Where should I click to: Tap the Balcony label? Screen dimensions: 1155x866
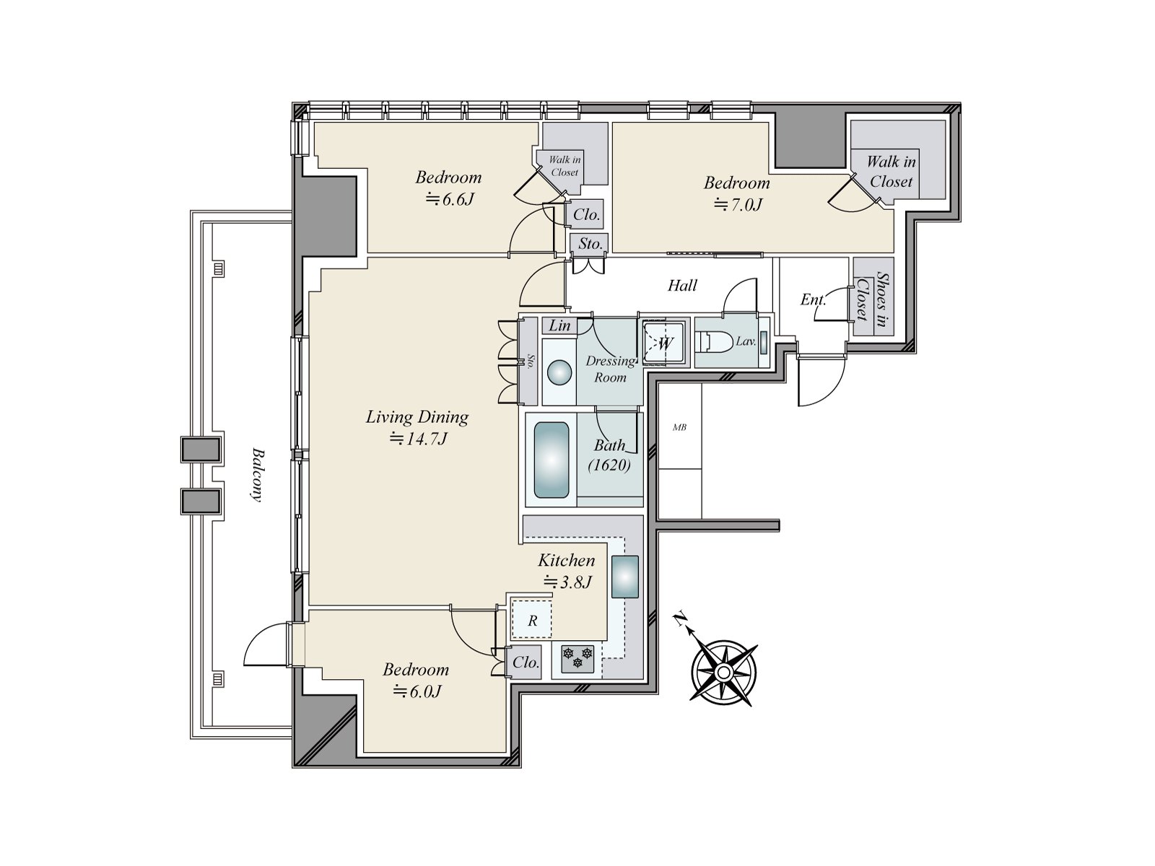pyautogui.click(x=257, y=475)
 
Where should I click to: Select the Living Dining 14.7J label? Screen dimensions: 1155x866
pyautogui.click(x=417, y=427)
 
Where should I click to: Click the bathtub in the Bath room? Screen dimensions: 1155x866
pyautogui.click(x=551, y=460)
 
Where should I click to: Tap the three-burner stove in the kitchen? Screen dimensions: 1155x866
pyautogui.click(x=577, y=660)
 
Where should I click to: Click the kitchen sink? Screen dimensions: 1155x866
pyautogui.click(x=625, y=577)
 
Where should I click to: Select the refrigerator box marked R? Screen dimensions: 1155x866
pyautogui.click(x=532, y=618)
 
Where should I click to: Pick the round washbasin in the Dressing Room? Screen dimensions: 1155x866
pyautogui.click(x=559, y=373)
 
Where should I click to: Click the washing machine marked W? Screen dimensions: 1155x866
pyautogui.click(x=664, y=344)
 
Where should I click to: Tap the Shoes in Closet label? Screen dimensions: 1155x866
pyautogui.click(x=873, y=298)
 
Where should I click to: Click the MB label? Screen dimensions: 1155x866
pyautogui.click(x=679, y=427)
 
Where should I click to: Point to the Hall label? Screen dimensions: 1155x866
pyautogui.click(x=682, y=286)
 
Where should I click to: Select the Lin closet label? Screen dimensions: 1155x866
pyautogui.click(x=559, y=325)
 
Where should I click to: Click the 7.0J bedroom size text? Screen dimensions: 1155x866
pyautogui.click(x=738, y=204)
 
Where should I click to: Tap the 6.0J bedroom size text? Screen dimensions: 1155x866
pyautogui.click(x=417, y=691)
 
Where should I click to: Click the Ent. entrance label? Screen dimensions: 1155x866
pyautogui.click(x=813, y=299)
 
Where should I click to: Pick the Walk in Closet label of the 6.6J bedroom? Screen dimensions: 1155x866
pyautogui.click(x=565, y=166)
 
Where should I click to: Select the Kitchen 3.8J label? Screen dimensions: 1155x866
pyautogui.click(x=566, y=571)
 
